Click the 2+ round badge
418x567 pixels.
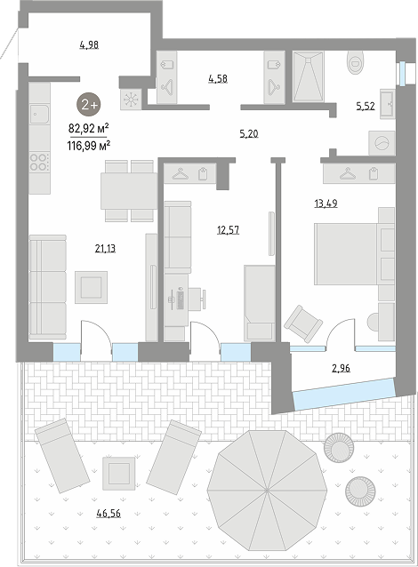(88, 105)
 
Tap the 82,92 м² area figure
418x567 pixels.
(89, 128)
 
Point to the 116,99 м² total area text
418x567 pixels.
(89, 146)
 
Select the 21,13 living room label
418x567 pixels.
(105, 249)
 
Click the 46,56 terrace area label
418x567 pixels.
(109, 513)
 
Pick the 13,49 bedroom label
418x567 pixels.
(326, 204)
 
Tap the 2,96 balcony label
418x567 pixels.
(341, 368)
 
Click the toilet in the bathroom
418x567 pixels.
(355, 61)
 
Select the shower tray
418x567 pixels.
(308, 76)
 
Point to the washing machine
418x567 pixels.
(382, 143)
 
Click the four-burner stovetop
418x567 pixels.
(40, 162)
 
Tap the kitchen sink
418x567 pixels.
(39, 114)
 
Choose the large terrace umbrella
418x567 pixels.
(267, 491)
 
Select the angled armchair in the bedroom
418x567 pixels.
(303, 323)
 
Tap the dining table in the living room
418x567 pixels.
(129, 191)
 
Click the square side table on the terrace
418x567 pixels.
(118, 474)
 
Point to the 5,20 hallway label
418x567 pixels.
(249, 134)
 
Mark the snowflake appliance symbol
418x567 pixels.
(131, 100)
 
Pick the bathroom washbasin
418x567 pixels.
(388, 104)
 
